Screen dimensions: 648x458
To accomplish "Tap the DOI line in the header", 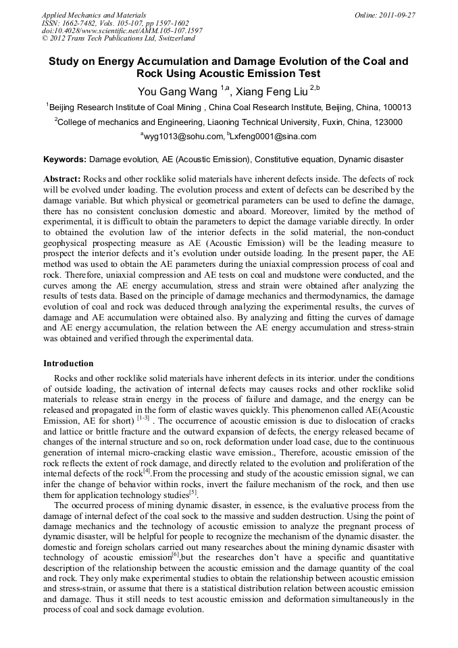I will point(122,31).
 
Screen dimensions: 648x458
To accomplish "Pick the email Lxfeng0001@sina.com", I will point(274,136).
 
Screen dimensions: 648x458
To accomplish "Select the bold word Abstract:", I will point(62,179).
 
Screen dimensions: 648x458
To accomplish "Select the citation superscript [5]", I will point(193,491).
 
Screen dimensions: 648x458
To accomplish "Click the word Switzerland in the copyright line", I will point(172,39).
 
